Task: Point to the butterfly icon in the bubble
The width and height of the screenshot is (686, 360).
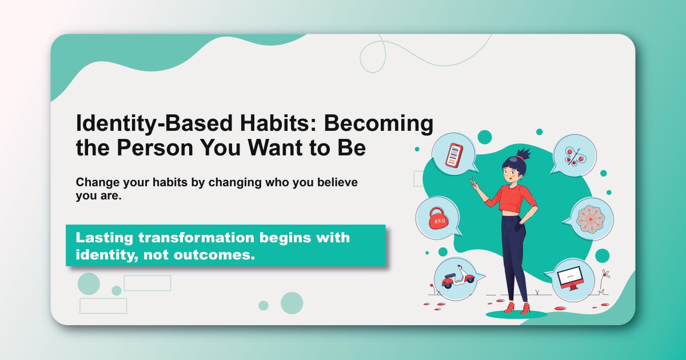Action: (x=572, y=154)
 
